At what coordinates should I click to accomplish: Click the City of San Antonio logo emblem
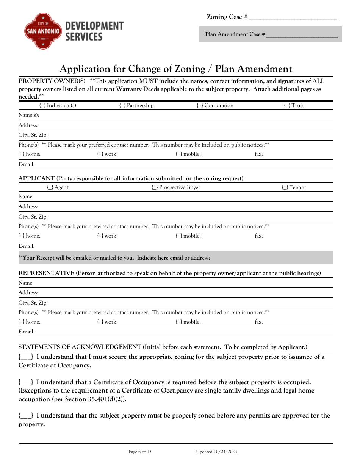click(43, 31)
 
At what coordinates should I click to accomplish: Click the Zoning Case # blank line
click(293, 18)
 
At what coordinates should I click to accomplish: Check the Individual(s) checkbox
click(42, 106)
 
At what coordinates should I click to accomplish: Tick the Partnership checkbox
click(122, 106)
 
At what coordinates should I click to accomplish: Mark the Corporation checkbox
click(200, 106)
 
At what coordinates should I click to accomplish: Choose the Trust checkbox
click(287, 106)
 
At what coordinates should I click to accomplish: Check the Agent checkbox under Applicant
click(50, 188)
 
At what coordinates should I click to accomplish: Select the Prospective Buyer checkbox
click(155, 188)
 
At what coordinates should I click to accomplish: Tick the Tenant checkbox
click(285, 188)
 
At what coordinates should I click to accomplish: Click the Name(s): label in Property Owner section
click(29, 115)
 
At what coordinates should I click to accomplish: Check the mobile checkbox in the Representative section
click(179, 322)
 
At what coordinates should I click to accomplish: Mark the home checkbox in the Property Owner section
click(22, 154)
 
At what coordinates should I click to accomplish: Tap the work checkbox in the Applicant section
click(100, 236)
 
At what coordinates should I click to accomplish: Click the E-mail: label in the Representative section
click(27, 332)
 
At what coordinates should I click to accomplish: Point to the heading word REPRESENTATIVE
click(46, 273)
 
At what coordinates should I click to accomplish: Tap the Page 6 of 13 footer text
click(140, 452)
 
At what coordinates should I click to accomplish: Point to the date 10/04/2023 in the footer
click(226, 452)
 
